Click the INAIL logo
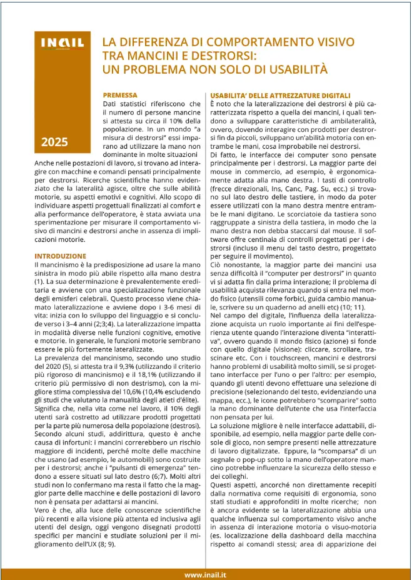63,43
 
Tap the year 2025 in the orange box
55,142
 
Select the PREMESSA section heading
119,95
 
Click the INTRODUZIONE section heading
60,256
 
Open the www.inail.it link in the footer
205,574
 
